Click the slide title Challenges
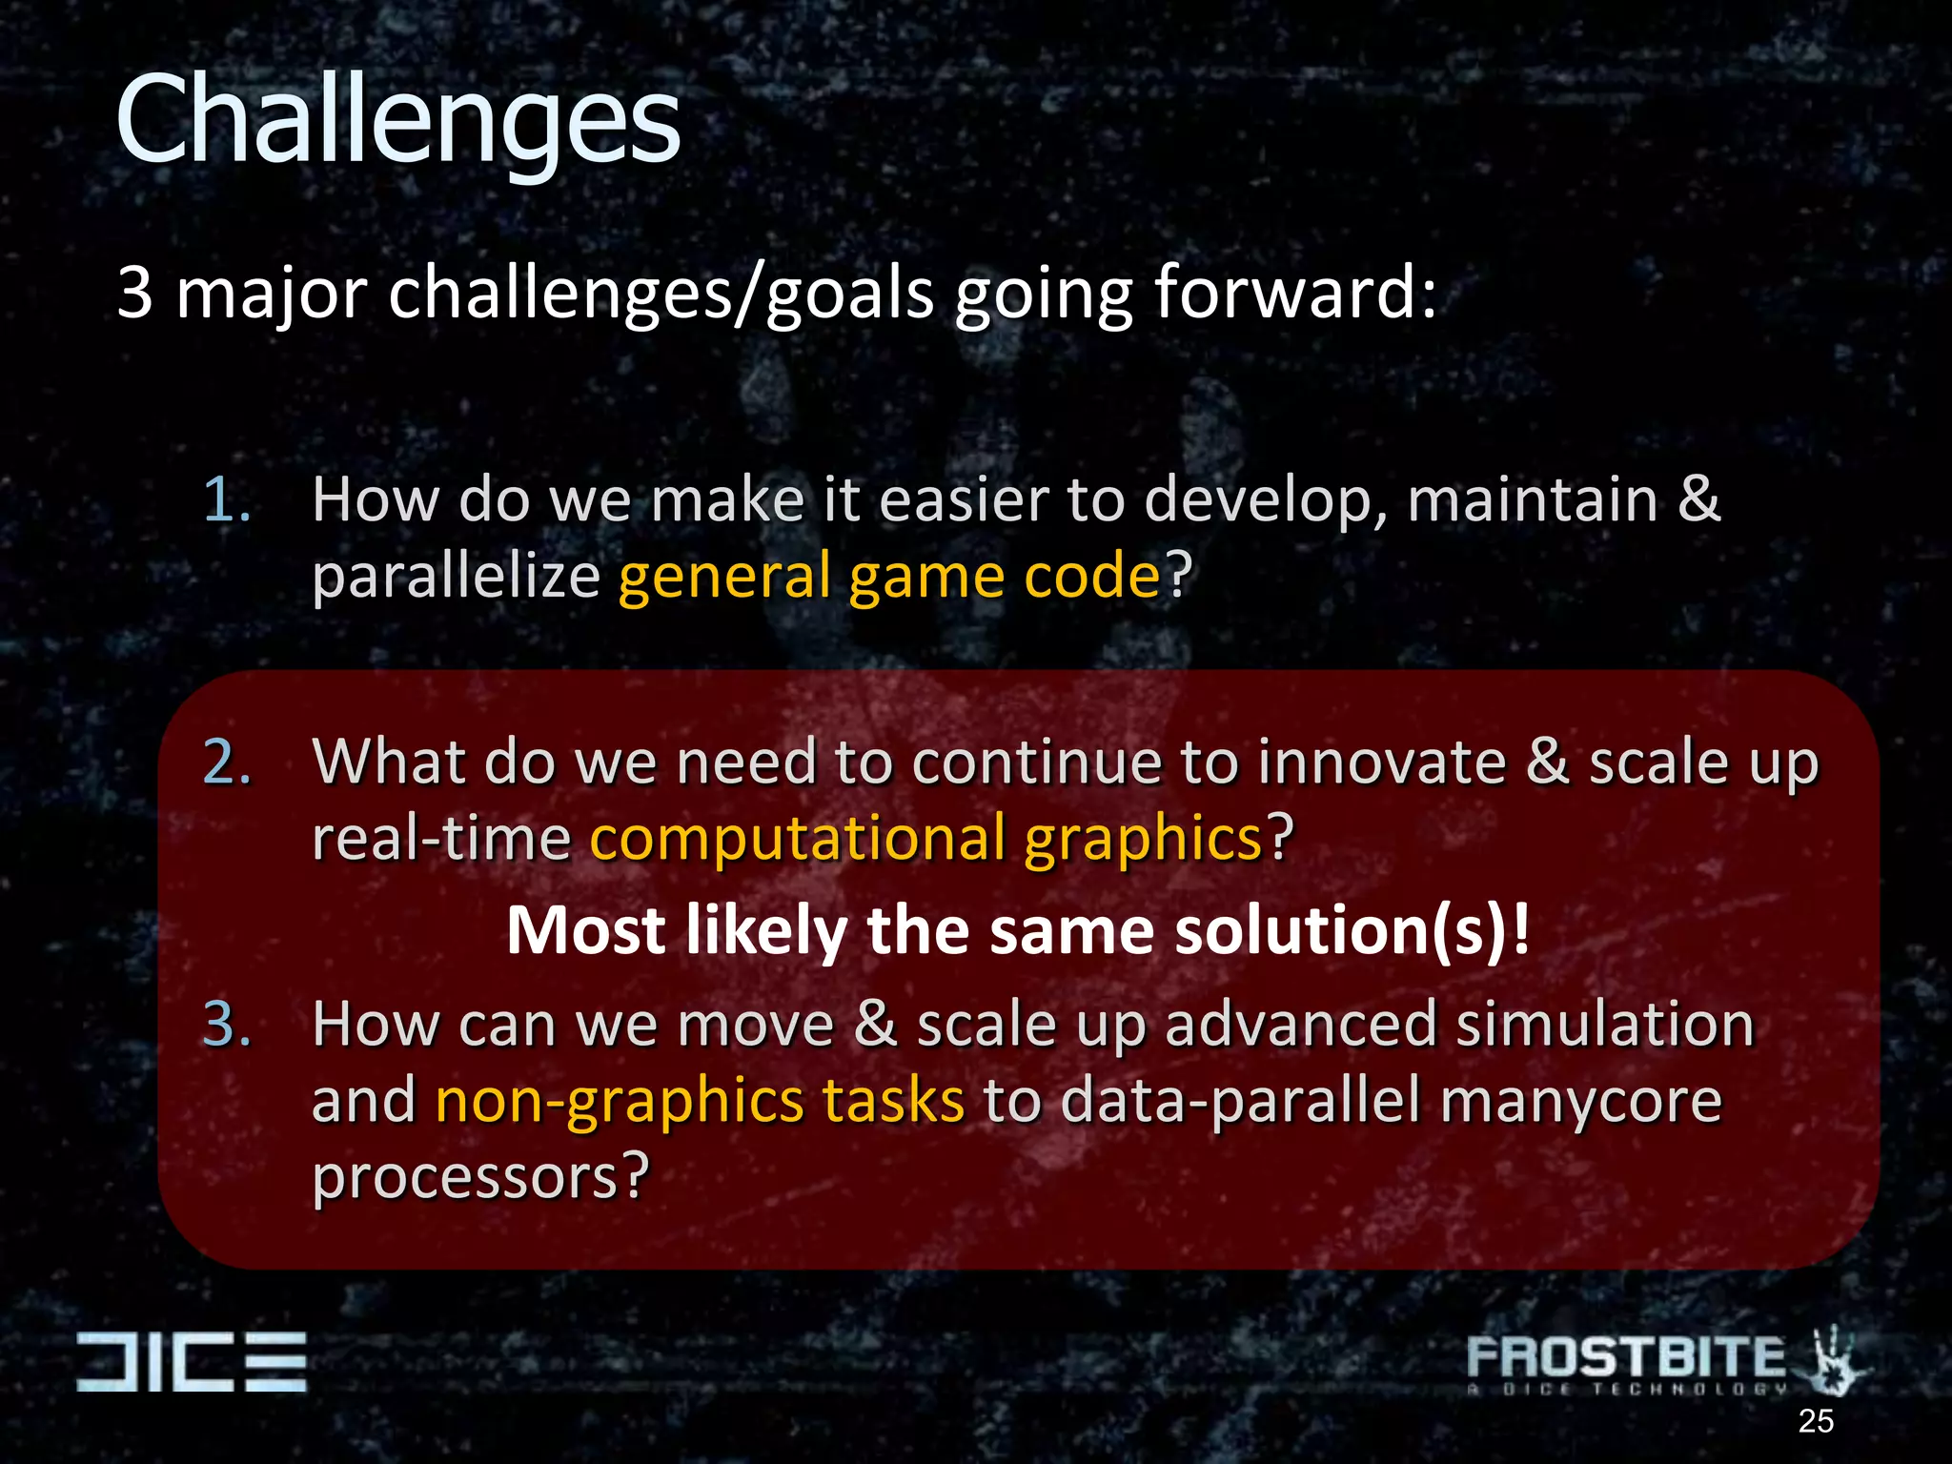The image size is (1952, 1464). [x=397, y=121]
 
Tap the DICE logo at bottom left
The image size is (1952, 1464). [x=192, y=1360]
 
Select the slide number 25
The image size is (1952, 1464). [x=1816, y=1421]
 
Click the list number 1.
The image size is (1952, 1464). [x=227, y=499]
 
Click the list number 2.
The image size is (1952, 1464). [x=228, y=762]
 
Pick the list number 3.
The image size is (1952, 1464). [x=228, y=1025]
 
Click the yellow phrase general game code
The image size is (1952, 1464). [x=889, y=576]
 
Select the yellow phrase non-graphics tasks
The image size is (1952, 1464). [x=700, y=1101]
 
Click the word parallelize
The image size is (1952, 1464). [x=456, y=576]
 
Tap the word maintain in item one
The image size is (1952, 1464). [x=1533, y=499]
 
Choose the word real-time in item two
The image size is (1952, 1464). [x=440, y=839]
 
